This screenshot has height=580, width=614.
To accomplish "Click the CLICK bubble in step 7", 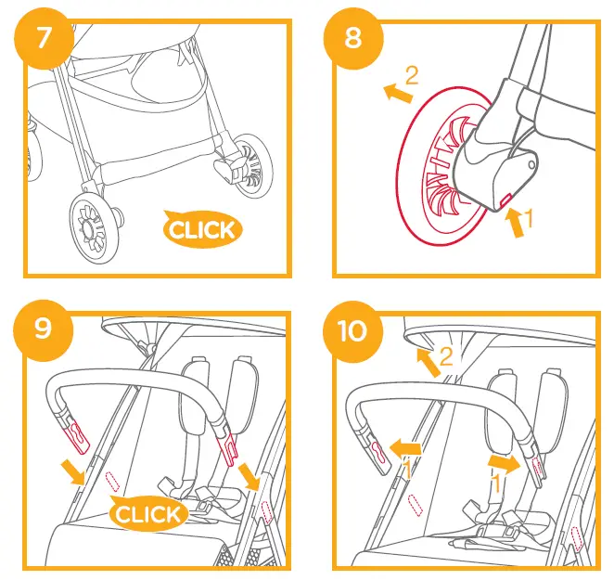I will click(x=201, y=228).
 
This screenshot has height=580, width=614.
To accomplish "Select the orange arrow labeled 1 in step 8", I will click(x=512, y=222).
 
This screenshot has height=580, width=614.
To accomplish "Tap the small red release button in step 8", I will click(x=506, y=198).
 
